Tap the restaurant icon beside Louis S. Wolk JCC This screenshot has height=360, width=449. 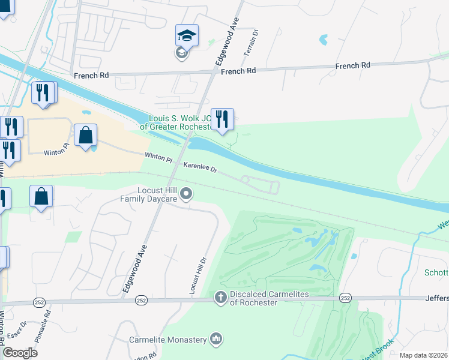point(222,120)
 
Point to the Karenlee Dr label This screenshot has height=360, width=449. point(200,167)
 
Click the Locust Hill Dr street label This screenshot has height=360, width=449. point(198,275)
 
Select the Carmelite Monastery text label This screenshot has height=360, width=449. point(168,340)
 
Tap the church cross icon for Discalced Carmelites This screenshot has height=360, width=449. point(220,297)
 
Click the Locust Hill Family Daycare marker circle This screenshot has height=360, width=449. point(187,193)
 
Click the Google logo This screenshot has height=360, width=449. point(20,353)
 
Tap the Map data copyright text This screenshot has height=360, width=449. point(423,355)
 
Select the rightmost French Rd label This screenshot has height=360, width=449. point(352,65)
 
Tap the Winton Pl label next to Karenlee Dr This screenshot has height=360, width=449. point(158,158)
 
